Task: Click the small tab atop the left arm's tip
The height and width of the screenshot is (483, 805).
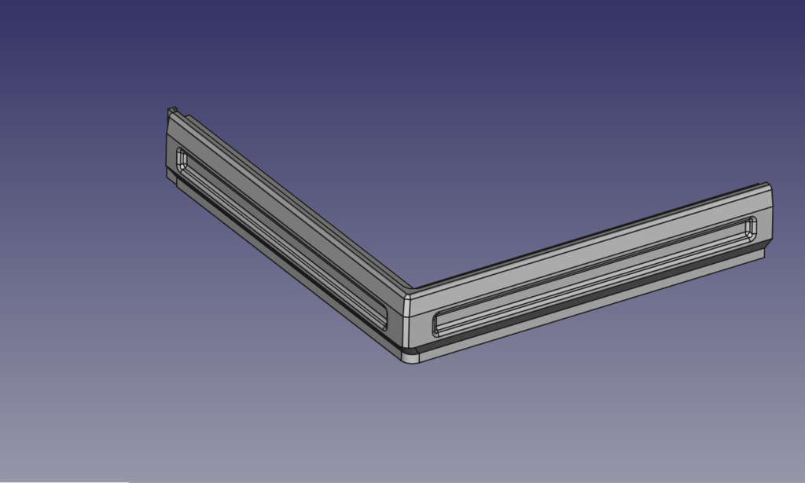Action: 171,112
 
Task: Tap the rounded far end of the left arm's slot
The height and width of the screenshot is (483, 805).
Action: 182,158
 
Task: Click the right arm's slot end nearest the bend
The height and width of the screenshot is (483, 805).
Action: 439,324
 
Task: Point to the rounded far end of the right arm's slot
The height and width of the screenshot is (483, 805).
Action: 751,227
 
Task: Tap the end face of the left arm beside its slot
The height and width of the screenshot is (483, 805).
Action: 171,149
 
